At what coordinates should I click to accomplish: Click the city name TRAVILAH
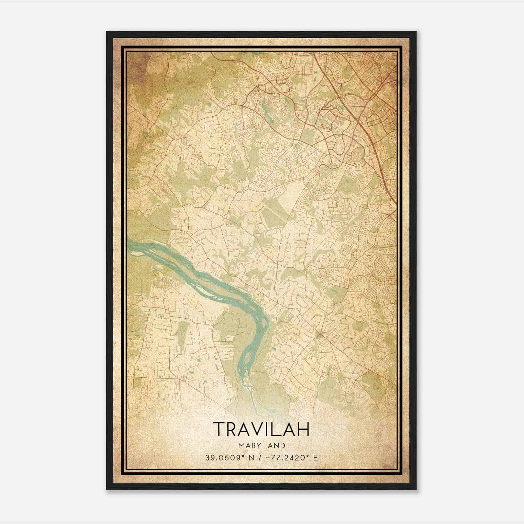[x=261, y=429]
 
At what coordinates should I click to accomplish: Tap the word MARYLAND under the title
[x=261, y=445]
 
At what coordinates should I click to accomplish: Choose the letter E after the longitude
[x=315, y=458]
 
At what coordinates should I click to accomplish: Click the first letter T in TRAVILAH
[x=220, y=429]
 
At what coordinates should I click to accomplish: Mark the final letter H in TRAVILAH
[x=303, y=429]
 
